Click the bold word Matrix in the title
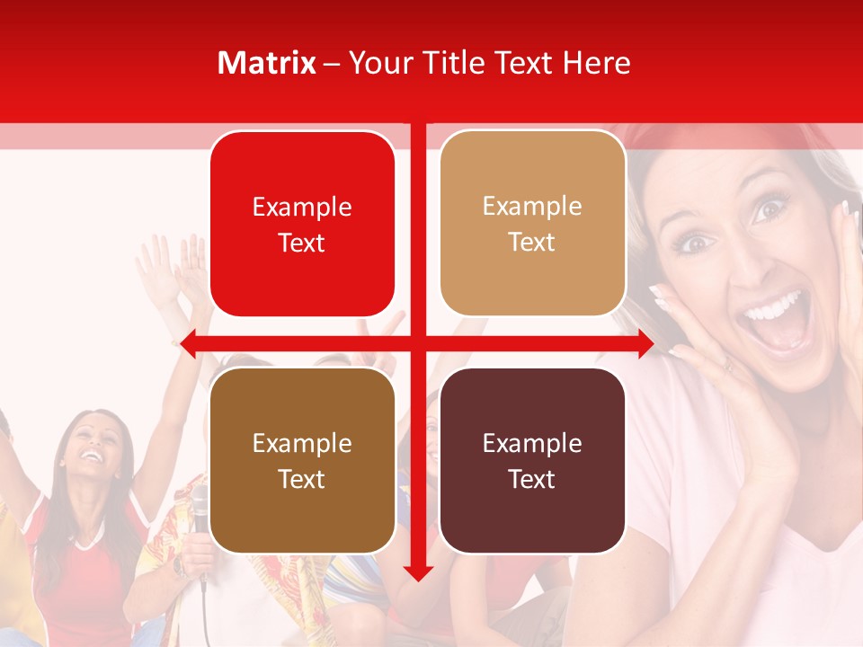267,63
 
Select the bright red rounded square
302,224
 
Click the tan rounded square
532,224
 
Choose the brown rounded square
302,460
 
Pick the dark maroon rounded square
532,460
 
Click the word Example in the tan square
532,206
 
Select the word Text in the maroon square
532,479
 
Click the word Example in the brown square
302,443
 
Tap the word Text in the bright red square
302,243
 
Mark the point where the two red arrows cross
417,343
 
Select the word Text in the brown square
302,479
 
